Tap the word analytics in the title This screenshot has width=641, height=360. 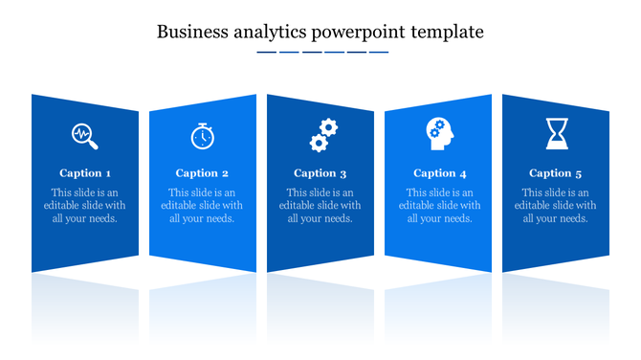[x=265, y=33]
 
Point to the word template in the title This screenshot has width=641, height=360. [x=448, y=33]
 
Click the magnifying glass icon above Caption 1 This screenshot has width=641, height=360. [x=85, y=136]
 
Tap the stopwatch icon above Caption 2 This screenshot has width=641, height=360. [x=202, y=136]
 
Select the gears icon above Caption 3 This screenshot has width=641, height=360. [x=323, y=135]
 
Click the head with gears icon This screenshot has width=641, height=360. [x=440, y=134]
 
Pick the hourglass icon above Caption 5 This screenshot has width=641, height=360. [x=556, y=134]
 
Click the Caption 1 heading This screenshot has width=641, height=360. [x=85, y=173]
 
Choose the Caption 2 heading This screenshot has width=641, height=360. [x=202, y=173]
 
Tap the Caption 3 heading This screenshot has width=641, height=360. [x=320, y=173]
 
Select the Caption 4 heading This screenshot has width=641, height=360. [x=440, y=173]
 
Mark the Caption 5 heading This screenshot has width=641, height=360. [x=556, y=173]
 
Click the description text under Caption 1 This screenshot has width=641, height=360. [x=85, y=205]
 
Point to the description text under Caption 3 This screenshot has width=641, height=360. [x=320, y=205]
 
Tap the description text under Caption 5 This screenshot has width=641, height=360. [x=556, y=205]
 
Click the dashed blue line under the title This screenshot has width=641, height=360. [x=322, y=52]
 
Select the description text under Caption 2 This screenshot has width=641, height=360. [x=202, y=205]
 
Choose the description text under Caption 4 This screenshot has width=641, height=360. [x=440, y=205]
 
